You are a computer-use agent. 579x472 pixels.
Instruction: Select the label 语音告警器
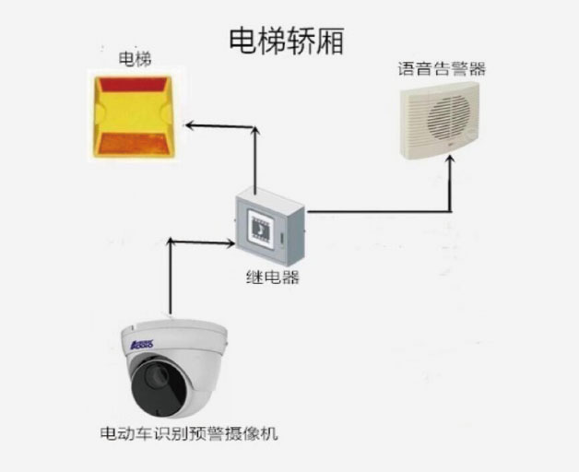pyautogui.click(x=442, y=68)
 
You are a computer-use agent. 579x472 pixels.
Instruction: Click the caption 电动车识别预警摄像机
pyautogui.click(x=187, y=431)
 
